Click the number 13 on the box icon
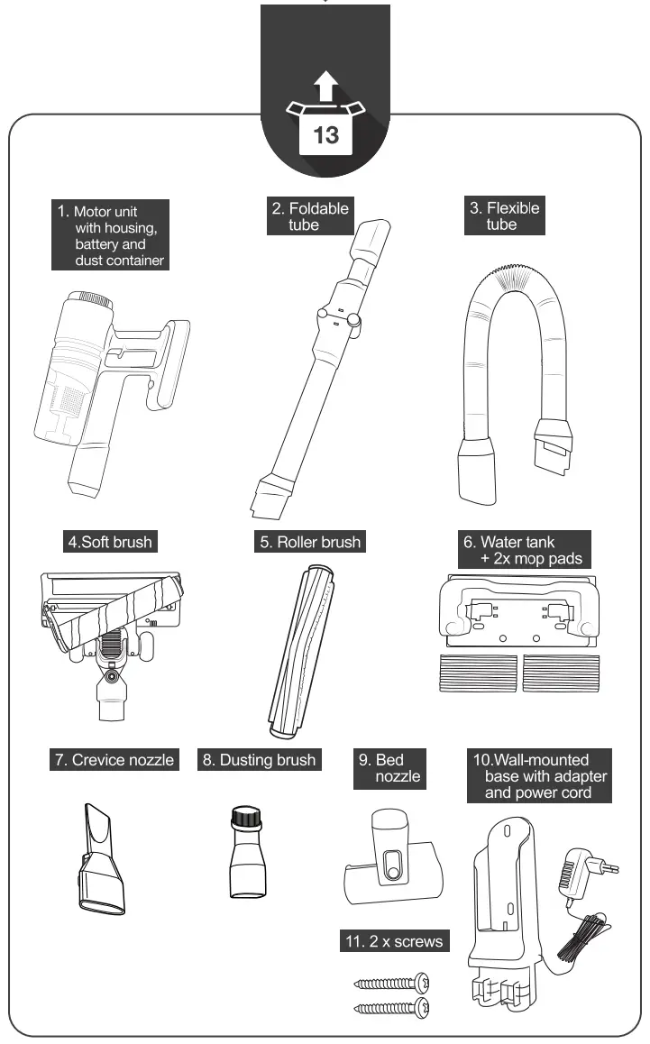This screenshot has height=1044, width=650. click(325, 134)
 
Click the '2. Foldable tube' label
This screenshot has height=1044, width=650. click(310, 216)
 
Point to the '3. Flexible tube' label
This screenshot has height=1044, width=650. click(503, 216)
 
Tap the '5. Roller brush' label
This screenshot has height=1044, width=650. click(309, 543)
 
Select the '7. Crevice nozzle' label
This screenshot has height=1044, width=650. click(113, 760)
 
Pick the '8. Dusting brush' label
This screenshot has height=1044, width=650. click(260, 760)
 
